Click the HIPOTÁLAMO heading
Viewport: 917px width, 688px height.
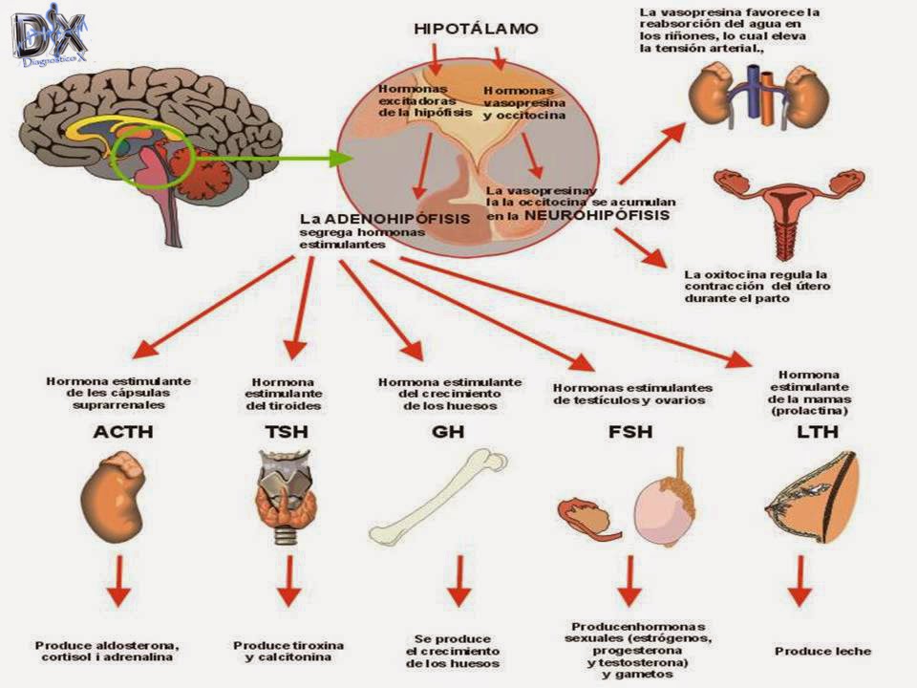tap(475, 29)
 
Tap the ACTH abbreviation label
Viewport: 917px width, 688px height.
tap(122, 432)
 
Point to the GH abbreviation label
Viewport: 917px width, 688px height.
tap(447, 432)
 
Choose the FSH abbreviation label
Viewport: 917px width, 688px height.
tap(629, 432)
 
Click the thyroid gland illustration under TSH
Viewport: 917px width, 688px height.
tap(284, 497)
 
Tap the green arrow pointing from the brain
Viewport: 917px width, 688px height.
tap(277, 158)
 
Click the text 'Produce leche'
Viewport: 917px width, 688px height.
tap(822, 651)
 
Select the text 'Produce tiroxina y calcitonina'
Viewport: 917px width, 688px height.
tap(288, 651)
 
